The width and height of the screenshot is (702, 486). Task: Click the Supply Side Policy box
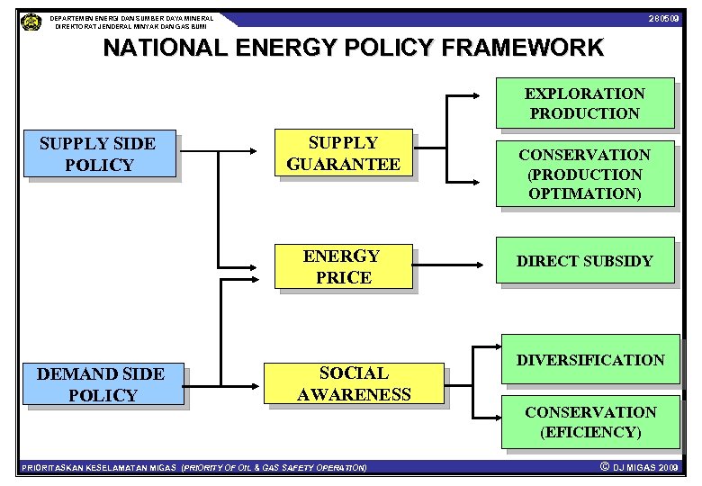[x=98, y=154]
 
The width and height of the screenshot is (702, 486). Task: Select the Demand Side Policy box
[x=101, y=384]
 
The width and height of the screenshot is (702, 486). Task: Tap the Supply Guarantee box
[x=343, y=153]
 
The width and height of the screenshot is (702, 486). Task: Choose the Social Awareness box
[x=354, y=383]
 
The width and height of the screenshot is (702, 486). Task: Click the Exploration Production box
[x=585, y=103]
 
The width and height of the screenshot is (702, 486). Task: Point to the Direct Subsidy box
[x=585, y=262]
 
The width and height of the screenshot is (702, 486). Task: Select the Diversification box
[x=590, y=360]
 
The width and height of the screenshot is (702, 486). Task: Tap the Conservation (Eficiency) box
[x=590, y=422]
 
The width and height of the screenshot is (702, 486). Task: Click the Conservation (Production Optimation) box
[x=585, y=174]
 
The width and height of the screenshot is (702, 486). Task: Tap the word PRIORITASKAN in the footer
[x=52, y=468]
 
